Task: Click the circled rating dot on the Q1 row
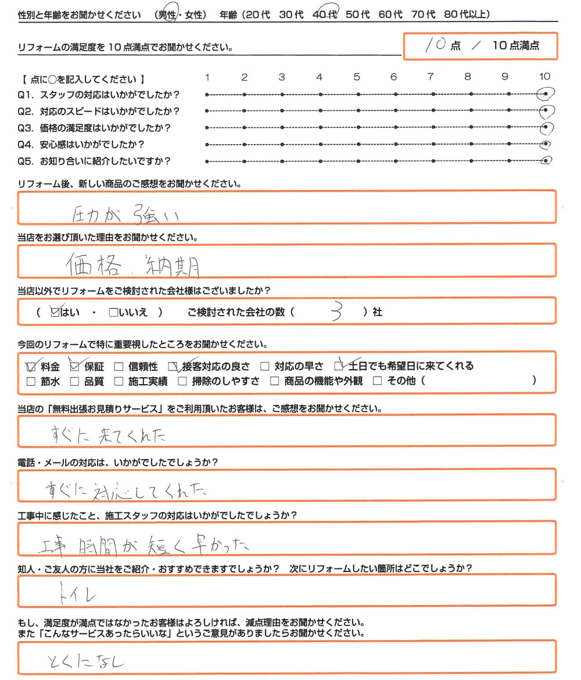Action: [x=545, y=94]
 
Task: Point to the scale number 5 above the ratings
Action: [x=356, y=77]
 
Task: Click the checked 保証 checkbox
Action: [x=74, y=367]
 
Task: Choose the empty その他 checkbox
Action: [x=377, y=382]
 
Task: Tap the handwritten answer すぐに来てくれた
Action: [x=110, y=434]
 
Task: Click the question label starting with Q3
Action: [x=96, y=128]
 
